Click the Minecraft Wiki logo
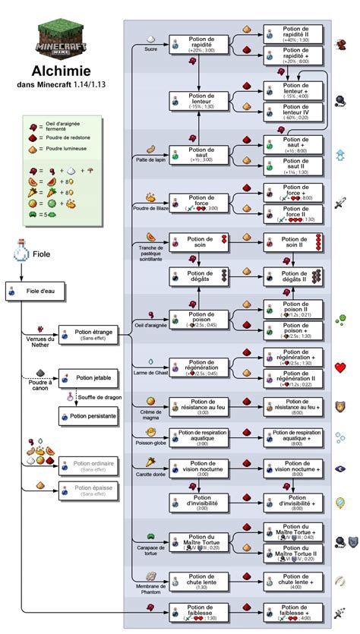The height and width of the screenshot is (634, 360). coord(61,35)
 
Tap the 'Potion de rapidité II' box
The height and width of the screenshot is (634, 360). coord(295,33)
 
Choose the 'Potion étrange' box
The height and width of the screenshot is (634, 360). coord(88,335)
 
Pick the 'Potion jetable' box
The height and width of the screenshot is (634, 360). coord(88,378)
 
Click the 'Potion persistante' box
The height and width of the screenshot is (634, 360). coord(88,416)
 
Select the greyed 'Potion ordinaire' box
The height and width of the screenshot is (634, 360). coord(88,464)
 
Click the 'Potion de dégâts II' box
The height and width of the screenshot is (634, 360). coord(295,277)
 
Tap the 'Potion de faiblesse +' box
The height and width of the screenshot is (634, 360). coord(295,611)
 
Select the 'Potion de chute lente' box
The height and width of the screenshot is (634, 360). coord(199,579)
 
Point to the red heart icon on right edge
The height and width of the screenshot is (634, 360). coord(341,368)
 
